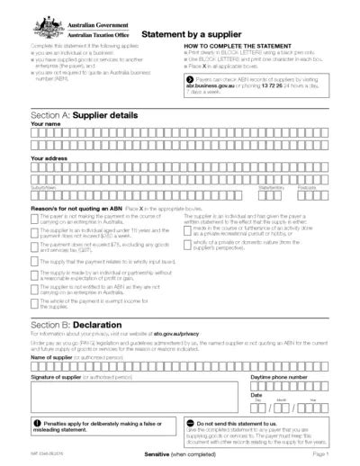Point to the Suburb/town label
click(x=43, y=187)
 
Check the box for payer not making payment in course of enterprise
click(x=34, y=219)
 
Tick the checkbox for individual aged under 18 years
click(x=34, y=232)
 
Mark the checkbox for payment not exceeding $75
click(x=34, y=246)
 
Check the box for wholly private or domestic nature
click(x=187, y=242)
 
